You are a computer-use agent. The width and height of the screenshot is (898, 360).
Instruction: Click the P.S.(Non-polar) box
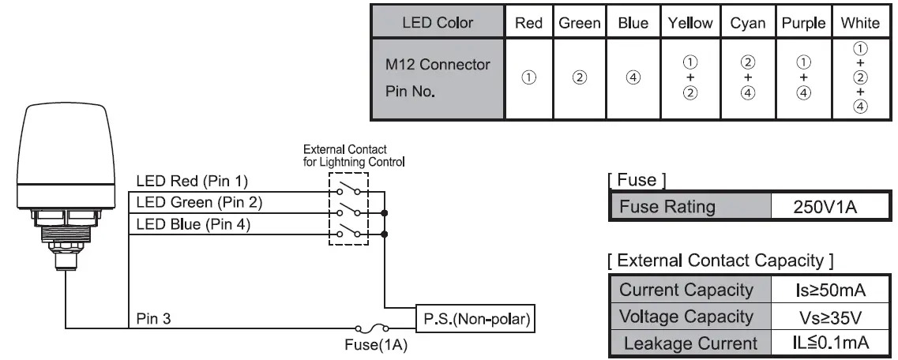click(475, 319)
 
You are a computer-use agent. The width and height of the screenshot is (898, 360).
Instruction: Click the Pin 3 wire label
click(153, 319)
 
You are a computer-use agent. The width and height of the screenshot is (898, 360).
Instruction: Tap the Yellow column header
click(689, 23)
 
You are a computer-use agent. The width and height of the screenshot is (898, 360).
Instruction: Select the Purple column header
click(803, 23)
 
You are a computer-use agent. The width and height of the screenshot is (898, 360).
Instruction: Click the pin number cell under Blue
click(633, 77)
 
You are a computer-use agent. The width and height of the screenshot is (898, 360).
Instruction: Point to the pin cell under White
click(860, 77)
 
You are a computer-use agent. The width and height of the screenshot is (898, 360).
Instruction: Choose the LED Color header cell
click(438, 23)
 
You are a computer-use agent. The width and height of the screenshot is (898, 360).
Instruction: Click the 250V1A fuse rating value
click(828, 208)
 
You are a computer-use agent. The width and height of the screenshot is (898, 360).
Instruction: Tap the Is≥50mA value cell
click(828, 290)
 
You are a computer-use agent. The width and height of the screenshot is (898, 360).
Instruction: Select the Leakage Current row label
click(689, 343)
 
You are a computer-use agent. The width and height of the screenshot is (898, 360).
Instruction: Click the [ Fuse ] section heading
click(637, 180)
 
